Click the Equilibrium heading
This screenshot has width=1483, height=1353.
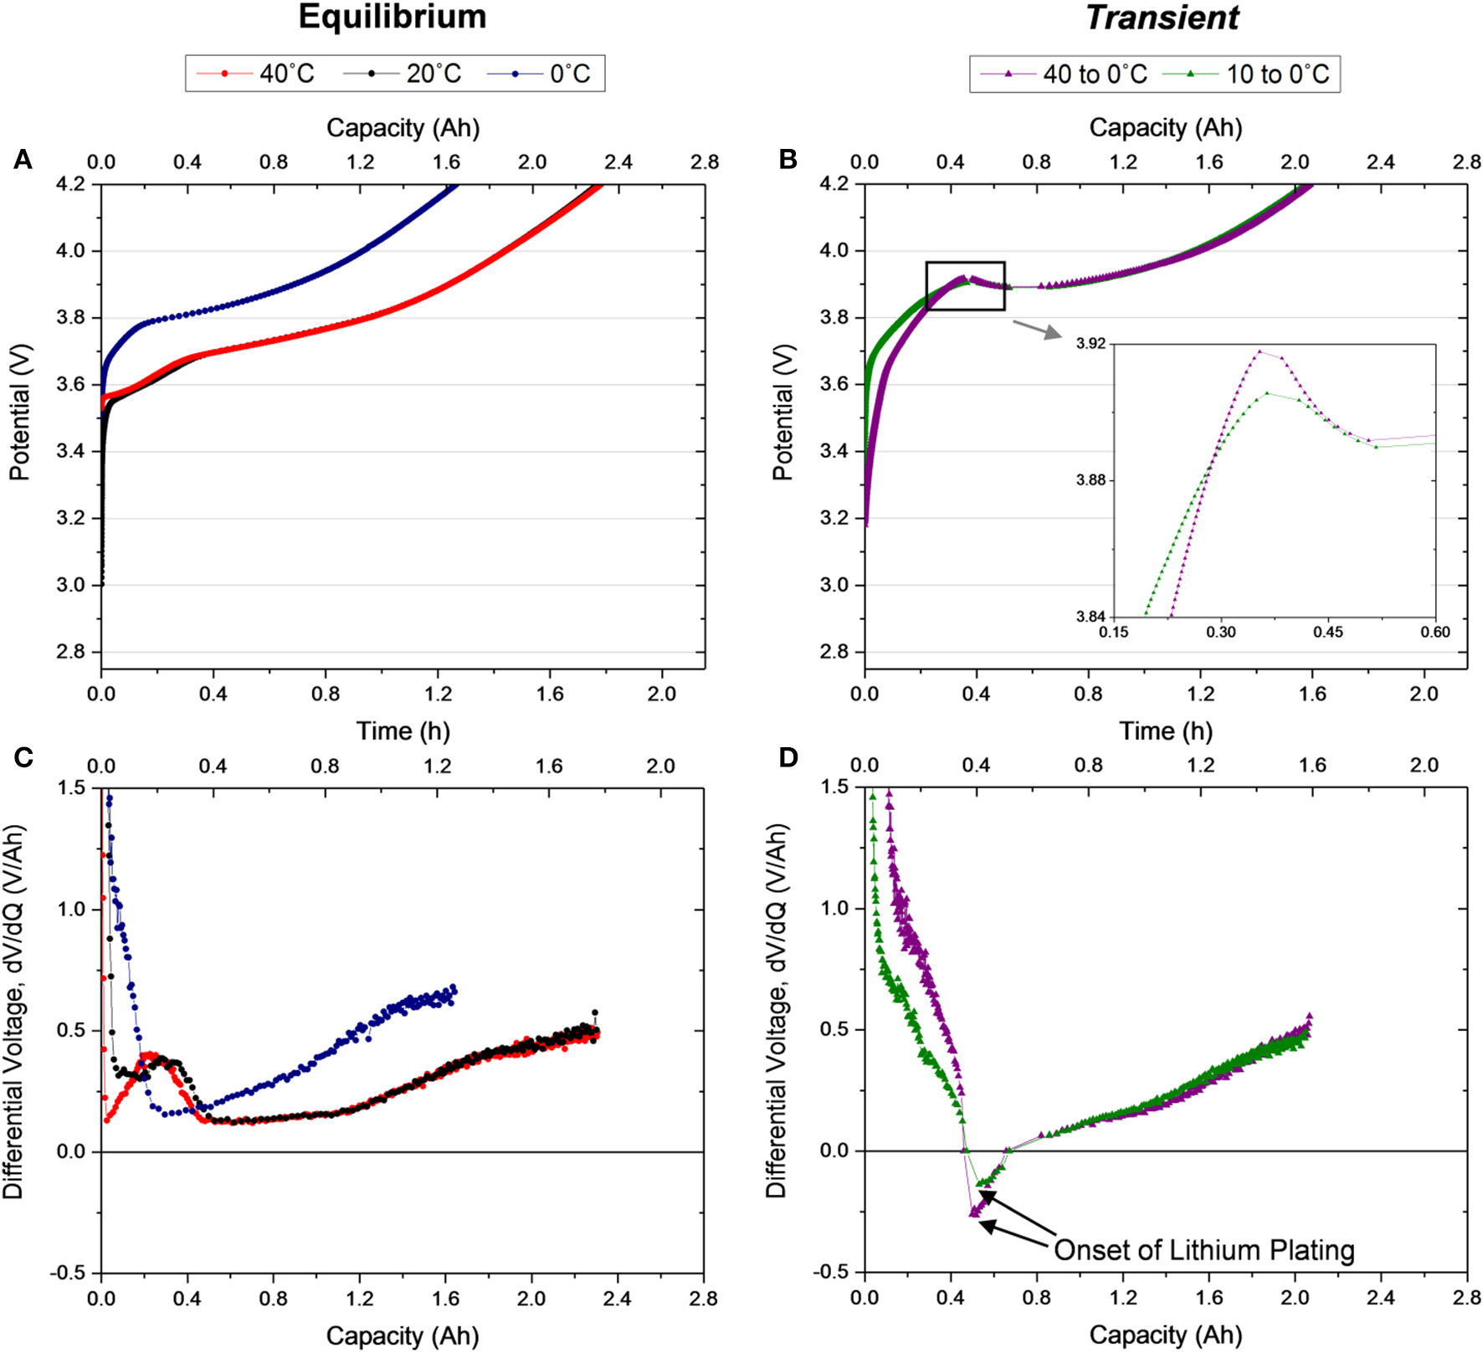(392, 18)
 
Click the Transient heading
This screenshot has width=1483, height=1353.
(1162, 18)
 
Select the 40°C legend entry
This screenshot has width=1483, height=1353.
(256, 74)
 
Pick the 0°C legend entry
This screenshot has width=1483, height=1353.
(540, 74)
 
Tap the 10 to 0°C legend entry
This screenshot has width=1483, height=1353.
(1248, 74)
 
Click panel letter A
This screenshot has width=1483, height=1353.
(23, 159)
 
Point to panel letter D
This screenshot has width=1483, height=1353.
(788, 757)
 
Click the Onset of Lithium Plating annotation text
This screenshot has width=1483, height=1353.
(1203, 1250)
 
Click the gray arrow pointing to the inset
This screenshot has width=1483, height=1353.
(1036, 329)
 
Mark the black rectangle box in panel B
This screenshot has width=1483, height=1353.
(965, 286)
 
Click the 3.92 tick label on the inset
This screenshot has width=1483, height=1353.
(1090, 344)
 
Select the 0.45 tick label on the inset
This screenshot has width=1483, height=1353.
(1327, 632)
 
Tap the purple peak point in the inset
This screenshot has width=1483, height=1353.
(1259, 351)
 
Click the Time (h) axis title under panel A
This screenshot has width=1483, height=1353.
(403, 731)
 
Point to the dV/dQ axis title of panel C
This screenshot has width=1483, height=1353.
(14, 1012)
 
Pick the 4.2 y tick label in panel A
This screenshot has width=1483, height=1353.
(70, 183)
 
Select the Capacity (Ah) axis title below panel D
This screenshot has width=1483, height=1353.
(1165, 1335)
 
